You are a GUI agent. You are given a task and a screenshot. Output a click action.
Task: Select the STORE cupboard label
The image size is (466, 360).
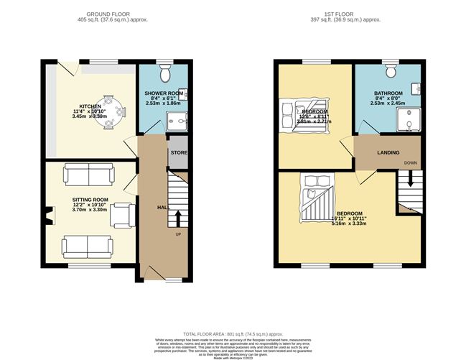pos(178,152)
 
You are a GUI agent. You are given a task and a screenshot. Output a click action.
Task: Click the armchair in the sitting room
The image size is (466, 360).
pos(123,213)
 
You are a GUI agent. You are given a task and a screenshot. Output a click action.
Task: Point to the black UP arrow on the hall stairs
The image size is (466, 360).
pos(177,217)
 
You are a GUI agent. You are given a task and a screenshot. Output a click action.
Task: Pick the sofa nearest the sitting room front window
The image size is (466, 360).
pos(86,246)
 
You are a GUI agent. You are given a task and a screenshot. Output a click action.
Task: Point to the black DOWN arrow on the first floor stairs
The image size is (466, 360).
pos(409,183)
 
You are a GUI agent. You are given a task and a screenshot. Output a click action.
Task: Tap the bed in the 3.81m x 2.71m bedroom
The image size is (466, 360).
pos(307,115)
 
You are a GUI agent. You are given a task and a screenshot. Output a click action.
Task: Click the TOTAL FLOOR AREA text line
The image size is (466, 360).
pos(233,334)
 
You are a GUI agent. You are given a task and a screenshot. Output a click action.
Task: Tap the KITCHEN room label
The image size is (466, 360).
pos(90,106)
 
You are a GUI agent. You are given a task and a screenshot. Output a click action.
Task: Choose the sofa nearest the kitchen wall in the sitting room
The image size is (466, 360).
pos(87,174)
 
